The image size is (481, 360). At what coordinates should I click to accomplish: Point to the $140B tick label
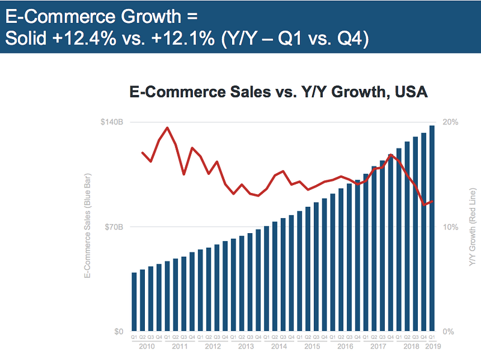112,122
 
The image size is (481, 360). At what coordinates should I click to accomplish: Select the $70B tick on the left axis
114,227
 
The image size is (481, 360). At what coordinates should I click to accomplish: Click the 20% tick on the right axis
450,122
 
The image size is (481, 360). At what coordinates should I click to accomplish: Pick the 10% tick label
450,227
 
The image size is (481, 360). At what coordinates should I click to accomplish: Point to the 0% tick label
449,332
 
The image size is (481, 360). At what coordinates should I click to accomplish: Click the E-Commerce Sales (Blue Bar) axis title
88,227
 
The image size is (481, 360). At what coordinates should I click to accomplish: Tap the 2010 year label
147,347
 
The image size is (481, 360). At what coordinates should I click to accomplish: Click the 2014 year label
278,347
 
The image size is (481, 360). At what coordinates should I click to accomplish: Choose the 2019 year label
432,347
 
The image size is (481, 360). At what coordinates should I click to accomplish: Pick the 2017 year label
378,347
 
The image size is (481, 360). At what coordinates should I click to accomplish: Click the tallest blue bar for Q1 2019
432,228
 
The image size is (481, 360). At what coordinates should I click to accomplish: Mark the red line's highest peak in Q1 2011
167,127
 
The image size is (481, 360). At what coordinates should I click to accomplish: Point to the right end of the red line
432,201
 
